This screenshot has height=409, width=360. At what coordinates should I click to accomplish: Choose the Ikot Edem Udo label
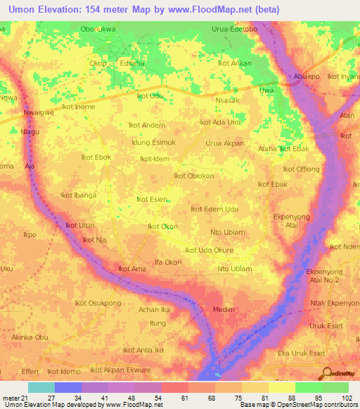click(214, 209)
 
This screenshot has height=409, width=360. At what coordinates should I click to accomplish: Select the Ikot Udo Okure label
click(209, 250)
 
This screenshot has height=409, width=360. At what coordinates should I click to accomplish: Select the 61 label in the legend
click(163, 398)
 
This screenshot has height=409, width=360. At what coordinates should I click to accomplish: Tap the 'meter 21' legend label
click(13, 398)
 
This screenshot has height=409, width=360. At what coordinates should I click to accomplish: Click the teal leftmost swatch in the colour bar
click(41, 387)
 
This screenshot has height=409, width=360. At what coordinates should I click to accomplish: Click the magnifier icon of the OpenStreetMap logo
click(326, 372)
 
